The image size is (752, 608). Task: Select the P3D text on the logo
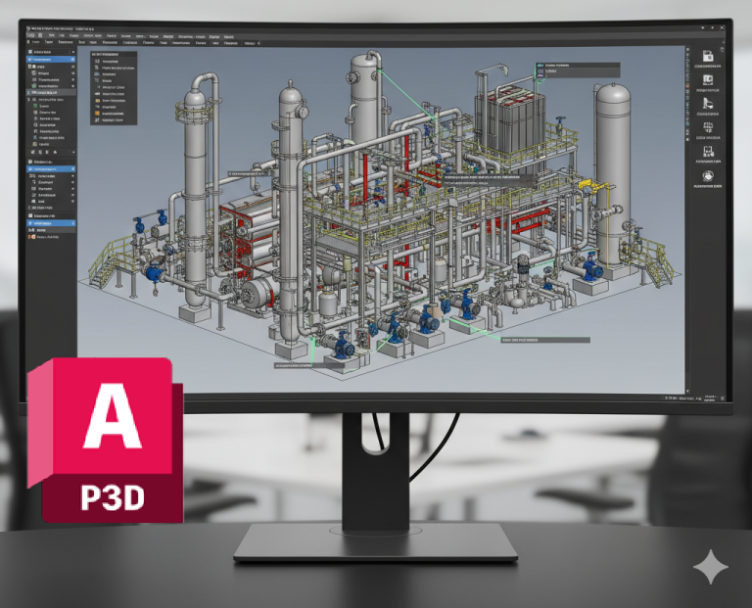[112, 495]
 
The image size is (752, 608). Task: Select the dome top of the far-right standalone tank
[613, 96]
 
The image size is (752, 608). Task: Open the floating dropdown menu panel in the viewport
[114, 89]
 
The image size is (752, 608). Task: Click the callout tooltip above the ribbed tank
[577, 70]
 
